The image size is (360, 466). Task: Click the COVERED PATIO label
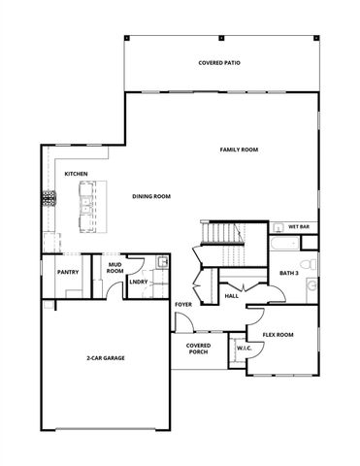pyautogui.click(x=219, y=63)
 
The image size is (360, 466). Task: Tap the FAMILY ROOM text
pyautogui.click(x=238, y=149)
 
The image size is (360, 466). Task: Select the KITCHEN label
pyautogui.click(x=77, y=174)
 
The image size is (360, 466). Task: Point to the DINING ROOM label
pyautogui.click(x=151, y=196)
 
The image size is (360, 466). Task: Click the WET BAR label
pyautogui.click(x=298, y=227)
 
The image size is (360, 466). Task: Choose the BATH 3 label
pyautogui.click(x=289, y=274)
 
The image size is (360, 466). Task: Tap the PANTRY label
pyautogui.click(x=68, y=273)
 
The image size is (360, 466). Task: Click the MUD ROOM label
pyautogui.click(x=115, y=267)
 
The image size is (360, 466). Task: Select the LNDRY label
pyautogui.click(x=139, y=283)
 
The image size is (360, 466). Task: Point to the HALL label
pyautogui.click(x=231, y=296)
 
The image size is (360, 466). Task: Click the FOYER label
pyautogui.click(x=183, y=305)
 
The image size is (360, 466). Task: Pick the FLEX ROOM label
pyautogui.click(x=278, y=335)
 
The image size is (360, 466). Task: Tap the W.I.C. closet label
pyautogui.click(x=243, y=348)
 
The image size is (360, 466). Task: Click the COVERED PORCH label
pyautogui.click(x=198, y=349)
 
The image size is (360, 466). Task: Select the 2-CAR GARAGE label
pyautogui.click(x=105, y=358)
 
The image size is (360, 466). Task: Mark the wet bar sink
pyautogui.click(x=278, y=227)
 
